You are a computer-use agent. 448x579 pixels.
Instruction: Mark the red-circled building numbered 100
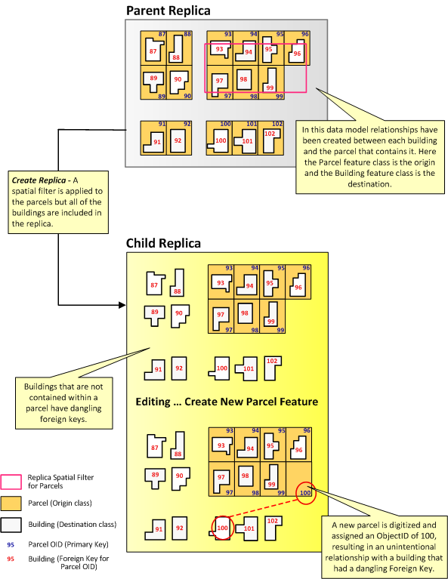coord(222,528)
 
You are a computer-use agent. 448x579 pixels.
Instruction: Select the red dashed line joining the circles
coord(264,511)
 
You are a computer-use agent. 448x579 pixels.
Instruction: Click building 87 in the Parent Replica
coord(153,51)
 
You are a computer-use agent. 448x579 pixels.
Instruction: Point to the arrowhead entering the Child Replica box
coord(122,306)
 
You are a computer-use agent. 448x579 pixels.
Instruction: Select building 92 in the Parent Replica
coord(178,140)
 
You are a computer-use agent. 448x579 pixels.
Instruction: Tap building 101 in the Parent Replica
coord(246,140)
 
